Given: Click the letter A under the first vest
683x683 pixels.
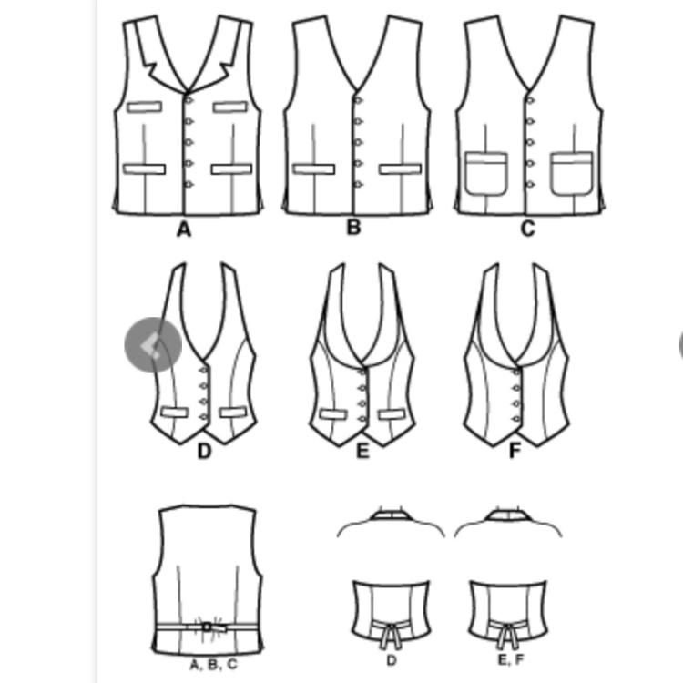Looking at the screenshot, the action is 184,229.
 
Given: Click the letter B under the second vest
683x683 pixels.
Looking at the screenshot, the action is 353,228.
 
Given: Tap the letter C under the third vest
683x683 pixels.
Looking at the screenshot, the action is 528,229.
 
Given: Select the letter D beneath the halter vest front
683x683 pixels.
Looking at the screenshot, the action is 204,452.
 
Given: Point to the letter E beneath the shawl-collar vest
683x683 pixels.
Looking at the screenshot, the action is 362,452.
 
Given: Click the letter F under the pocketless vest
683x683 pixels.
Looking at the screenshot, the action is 515,451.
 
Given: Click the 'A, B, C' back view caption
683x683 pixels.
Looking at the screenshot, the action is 213,665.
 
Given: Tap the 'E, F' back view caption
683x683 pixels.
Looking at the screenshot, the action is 511,660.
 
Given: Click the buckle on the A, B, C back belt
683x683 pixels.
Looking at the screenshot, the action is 208,627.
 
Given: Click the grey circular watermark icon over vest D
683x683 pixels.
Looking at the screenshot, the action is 153,345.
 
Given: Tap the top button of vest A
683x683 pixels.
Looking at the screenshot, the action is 189,100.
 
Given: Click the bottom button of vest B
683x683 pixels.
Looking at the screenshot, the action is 358,185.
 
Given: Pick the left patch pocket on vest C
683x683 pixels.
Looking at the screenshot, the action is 486,173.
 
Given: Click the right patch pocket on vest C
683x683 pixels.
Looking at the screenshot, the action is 572,173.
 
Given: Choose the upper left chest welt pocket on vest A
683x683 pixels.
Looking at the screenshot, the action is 144,107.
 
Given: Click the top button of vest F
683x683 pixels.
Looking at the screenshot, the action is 516,372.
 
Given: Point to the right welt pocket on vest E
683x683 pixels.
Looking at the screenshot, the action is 392,414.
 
